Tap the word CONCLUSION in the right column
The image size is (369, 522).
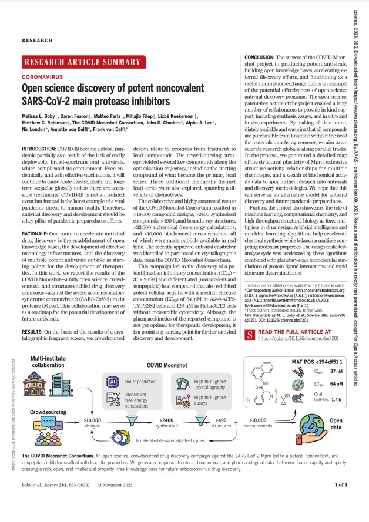(259, 56)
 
